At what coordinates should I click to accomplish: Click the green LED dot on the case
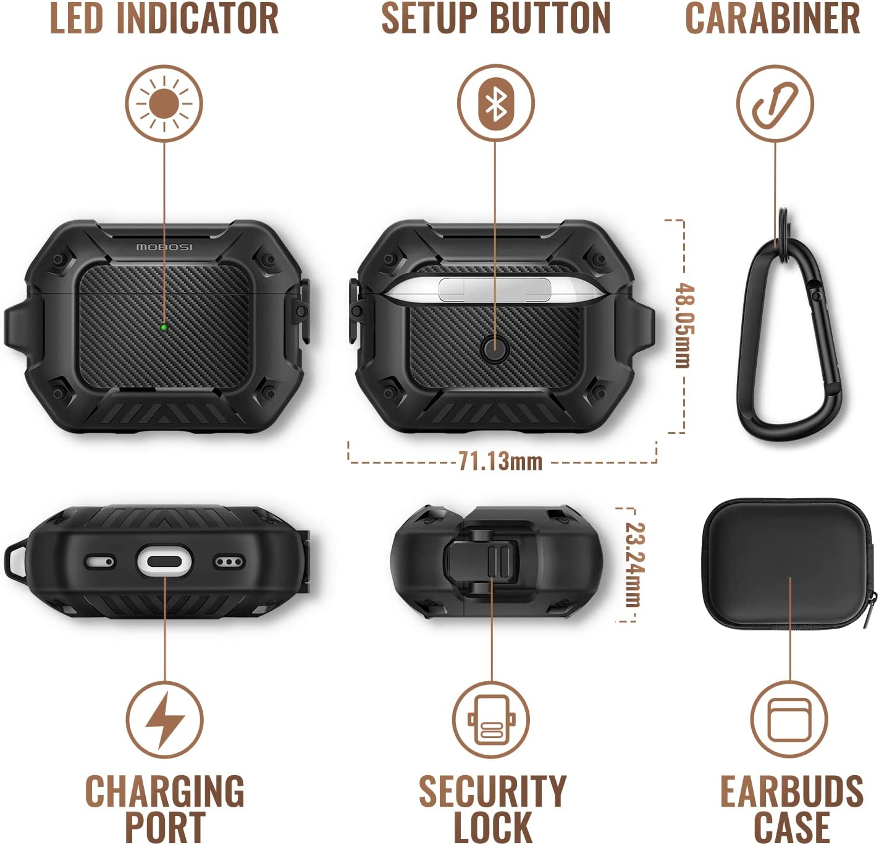click(x=164, y=328)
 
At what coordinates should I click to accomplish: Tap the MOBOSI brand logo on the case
click(x=164, y=247)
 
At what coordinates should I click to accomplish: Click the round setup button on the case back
click(x=495, y=349)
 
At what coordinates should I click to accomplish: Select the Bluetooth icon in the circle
click(x=495, y=104)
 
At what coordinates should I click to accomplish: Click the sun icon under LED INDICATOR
click(x=164, y=103)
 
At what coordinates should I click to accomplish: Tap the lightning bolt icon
click(x=166, y=720)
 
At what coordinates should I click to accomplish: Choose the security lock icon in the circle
click(x=491, y=720)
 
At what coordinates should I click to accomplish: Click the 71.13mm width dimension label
click(x=500, y=462)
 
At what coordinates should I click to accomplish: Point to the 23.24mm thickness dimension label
click(x=634, y=565)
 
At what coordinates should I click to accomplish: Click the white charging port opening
click(x=165, y=563)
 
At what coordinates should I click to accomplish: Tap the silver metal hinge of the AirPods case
click(x=495, y=289)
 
